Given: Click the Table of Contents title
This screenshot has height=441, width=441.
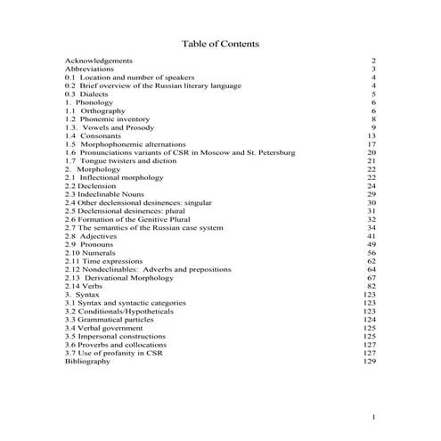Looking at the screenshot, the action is point(220,44).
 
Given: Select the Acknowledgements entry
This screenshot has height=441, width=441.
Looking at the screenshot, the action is point(100,61).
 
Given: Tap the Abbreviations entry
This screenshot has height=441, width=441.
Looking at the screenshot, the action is point(89,69).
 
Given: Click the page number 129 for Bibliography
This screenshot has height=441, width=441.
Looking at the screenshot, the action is point(371,362).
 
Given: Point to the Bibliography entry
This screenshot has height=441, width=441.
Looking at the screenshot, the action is point(87,362).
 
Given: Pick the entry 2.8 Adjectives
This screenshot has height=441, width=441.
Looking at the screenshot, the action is point(93,236).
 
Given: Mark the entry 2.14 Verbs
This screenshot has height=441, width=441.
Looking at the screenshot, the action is point(85,286).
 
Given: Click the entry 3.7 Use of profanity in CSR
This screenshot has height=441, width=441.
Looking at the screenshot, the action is point(116,353).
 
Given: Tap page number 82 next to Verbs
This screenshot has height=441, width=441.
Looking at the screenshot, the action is point(372,286).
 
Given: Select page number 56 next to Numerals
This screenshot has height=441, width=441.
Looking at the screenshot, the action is point(372,253).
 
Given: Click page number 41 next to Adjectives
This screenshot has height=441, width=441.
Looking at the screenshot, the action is point(372,236).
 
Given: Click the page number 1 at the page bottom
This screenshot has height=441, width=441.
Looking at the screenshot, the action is point(375,418).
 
